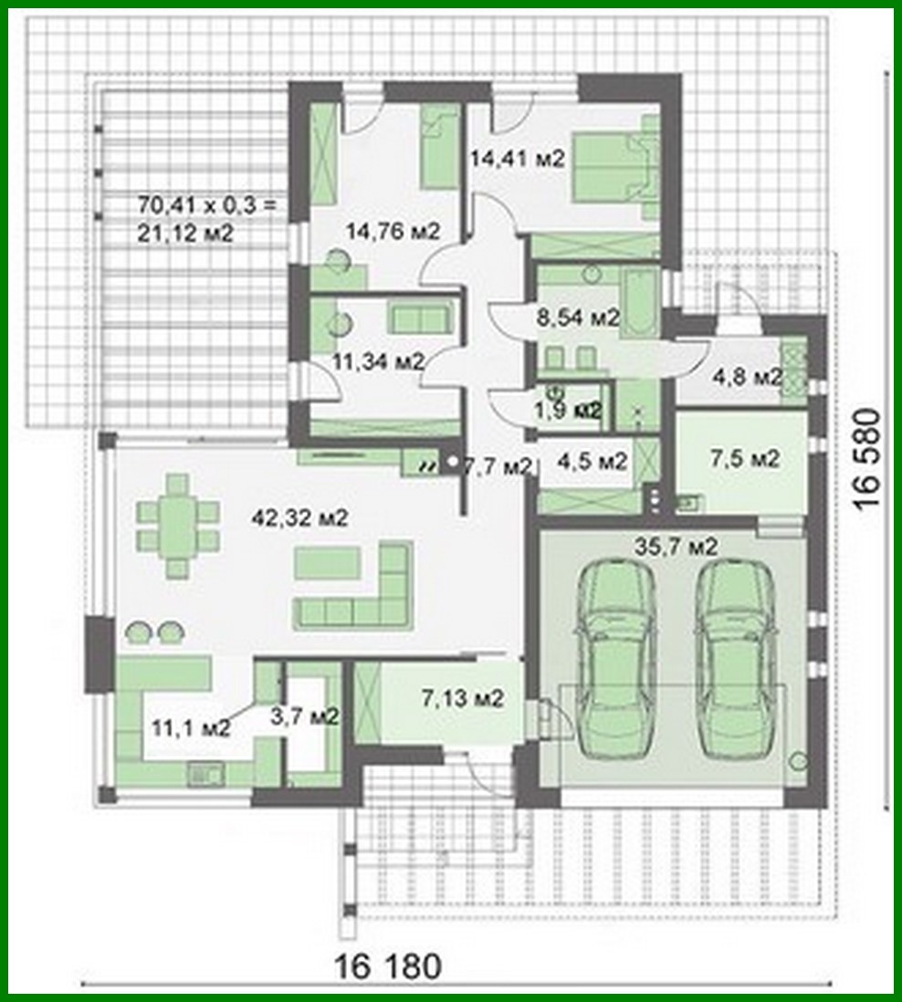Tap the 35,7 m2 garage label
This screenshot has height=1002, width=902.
click(676, 547)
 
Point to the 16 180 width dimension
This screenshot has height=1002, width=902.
click(387, 965)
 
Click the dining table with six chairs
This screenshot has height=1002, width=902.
click(178, 526)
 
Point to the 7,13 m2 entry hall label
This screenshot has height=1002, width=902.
click(463, 699)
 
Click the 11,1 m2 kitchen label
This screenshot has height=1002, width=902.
click(191, 727)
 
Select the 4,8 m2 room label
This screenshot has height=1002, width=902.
click(747, 377)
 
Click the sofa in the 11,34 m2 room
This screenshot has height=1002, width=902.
click(421, 318)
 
